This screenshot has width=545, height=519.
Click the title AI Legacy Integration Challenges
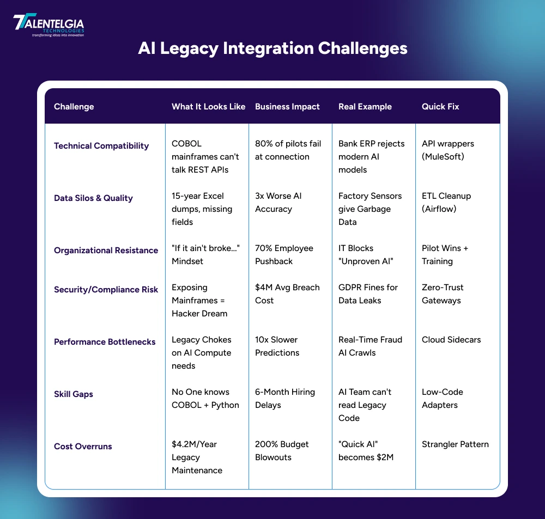pos(272,48)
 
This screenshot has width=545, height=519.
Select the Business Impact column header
pos(287,107)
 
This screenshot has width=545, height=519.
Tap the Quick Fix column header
pos(440,107)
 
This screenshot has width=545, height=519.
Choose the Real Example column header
pos(365,107)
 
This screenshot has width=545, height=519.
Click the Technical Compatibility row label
pos(101,146)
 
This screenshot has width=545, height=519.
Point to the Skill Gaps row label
pos(74,394)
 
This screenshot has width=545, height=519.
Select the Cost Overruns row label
pos(83,447)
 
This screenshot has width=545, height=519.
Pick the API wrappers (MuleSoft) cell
pos(448,150)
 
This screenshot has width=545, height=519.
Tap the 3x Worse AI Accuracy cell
pos(278,203)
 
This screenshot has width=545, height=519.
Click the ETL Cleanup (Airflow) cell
pos(446,203)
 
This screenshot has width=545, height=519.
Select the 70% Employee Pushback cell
pos(284,255)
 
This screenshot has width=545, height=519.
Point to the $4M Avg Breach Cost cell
pos(287,294)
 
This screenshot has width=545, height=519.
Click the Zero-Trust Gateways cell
pos(441,294)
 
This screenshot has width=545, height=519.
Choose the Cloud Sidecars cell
pos(451,340)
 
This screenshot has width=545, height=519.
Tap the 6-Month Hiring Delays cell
pos(284,399)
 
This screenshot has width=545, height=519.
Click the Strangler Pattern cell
pos(455,444)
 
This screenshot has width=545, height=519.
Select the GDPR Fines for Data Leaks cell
pos(368,294)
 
